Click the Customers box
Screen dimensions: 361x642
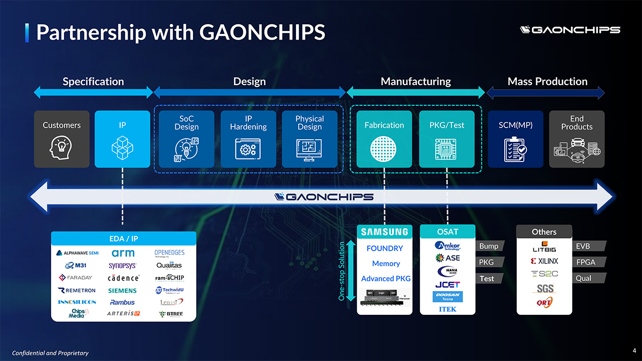click(x=61, y=139)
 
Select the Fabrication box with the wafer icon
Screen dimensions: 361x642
click(x=384, y=139)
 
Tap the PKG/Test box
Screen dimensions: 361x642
click(x=446, y=139)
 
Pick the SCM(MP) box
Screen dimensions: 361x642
click(x=515, y=139)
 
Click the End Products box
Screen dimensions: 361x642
click(x=577, y=139)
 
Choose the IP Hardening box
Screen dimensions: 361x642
click(x=248, y=139)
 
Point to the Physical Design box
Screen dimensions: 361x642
click(x=309, y=139)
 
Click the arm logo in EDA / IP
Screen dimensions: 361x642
click(x=123, y=253)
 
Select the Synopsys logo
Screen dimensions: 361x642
click(x=122, y=265)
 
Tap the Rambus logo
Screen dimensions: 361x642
click(x=122, y=302)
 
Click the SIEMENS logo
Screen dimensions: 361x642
click(x=122, y=291)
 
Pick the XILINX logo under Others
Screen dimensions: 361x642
click(x=544, y=262)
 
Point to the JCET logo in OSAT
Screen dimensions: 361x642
click(x=447, y=284)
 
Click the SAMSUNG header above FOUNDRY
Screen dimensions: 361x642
click(x=385, y=232)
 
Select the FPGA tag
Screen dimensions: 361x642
click(x=586, y=262)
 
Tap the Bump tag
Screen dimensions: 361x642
click(x=488, y=246)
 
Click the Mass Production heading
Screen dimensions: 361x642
click(x=547, y=82)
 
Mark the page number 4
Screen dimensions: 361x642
click(x=634, y=350)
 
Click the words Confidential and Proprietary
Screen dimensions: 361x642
click(x=50, y=353)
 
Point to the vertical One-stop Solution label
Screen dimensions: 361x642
click(x=342, y=271)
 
